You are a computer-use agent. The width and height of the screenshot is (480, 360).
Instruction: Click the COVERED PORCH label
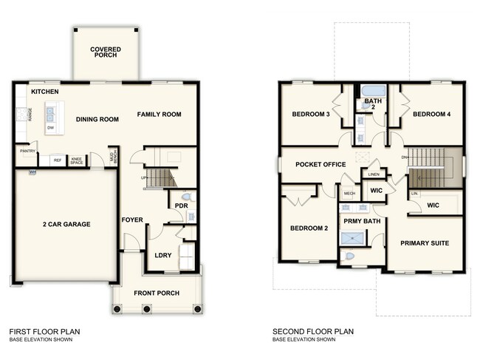(x=106, y=52)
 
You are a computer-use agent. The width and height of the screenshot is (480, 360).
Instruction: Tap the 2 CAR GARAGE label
(x=66, y=224)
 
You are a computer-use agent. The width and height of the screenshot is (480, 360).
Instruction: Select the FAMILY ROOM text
(x=160, y=114)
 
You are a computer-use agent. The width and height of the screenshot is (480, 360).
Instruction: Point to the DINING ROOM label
(x=98, y=119)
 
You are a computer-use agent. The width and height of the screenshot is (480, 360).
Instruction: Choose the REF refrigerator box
(x=56, y=160)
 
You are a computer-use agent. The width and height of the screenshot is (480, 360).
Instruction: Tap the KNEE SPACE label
(x=76, y=160)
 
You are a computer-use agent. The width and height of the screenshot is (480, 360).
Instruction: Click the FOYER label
(x=132, y=220)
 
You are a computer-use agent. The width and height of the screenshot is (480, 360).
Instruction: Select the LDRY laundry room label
(x=163, y=255)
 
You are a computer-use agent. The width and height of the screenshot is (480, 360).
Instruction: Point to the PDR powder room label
(x=181, y=206)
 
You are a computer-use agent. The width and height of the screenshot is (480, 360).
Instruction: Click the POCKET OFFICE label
(x=320, y=164)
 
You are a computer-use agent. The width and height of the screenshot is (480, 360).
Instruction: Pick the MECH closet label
(x=349, y=194)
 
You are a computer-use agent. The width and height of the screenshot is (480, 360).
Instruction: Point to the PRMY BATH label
(x=361, y=220)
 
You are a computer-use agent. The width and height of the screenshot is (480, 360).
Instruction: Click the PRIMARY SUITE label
(x=425, y=242)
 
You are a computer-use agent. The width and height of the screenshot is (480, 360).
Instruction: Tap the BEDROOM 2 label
(x=309, y=228)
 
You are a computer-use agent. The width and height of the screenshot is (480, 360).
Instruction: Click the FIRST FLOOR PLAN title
(x=45, y=331)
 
